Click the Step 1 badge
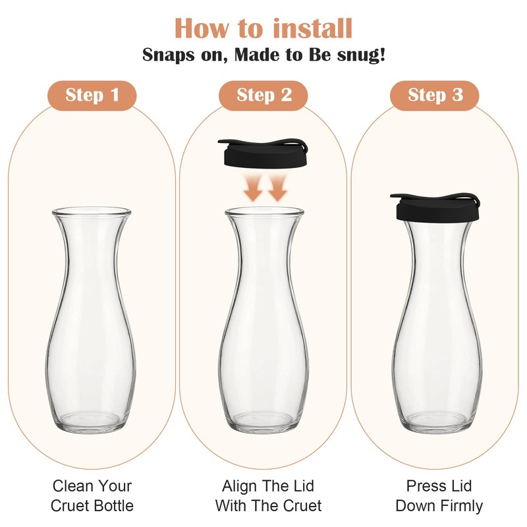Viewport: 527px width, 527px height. (x=92, y=96)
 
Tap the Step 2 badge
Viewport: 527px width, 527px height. (x=263, y=96)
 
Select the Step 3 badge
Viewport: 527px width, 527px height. (x=435, y=96)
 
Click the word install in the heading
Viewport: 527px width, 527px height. (x=312, y=28)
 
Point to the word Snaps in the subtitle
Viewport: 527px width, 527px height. (x=169, y=55)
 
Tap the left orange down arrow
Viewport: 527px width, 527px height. (x=253, y=188)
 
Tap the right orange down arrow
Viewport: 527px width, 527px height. (x=277, y=188)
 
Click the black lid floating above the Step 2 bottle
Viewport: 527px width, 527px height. (x=263, y=152)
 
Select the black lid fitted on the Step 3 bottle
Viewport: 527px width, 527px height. (x=435, y=208)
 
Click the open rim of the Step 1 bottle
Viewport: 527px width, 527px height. (x=92, y=212)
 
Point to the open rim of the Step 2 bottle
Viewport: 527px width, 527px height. (x=264, y=212)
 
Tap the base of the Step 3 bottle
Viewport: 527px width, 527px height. (x=436, y=422)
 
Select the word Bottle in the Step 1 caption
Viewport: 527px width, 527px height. (x=113, y=505)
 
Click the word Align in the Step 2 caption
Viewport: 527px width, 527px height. (x=238, y=486)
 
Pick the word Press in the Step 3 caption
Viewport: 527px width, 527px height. (x=424, y=485)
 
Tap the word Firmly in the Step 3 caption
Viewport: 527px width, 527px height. (x=462, y=506)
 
